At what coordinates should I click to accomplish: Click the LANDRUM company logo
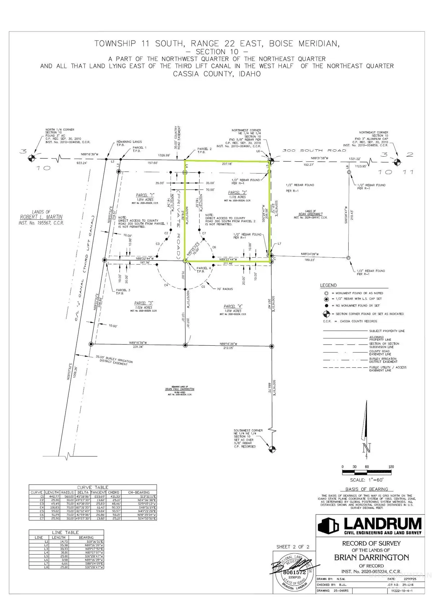click(370, 526)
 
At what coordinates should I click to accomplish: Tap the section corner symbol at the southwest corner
click(272, 449)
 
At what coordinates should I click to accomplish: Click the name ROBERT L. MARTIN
click(41, 217)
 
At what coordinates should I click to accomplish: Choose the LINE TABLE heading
click(65, 532)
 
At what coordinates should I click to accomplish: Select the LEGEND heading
click(328, 285)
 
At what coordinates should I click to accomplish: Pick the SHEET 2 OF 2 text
click(293, 547)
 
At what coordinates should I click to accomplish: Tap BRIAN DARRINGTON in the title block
click(371, 557)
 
